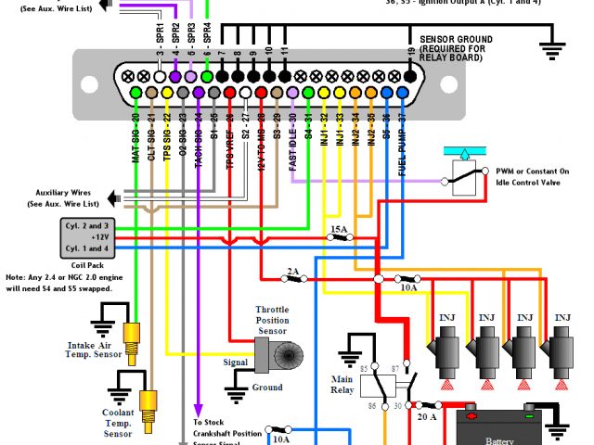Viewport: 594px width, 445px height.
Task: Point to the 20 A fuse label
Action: pos(428,416)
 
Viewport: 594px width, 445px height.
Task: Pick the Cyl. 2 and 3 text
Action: pos(86,225)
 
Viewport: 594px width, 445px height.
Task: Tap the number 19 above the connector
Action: pos(410,50)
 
